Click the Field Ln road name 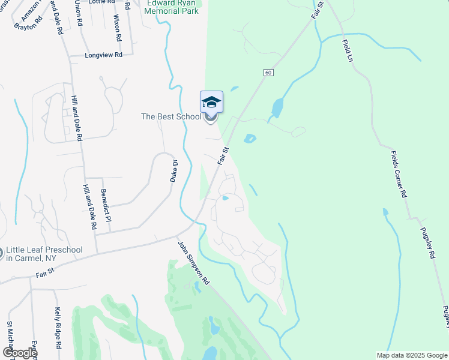coord(347,51)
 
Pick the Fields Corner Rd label coord(399,175)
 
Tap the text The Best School coord(171,116)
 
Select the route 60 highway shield coord(268,72)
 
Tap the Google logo coord(19,353)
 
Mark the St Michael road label coord(10,340)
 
